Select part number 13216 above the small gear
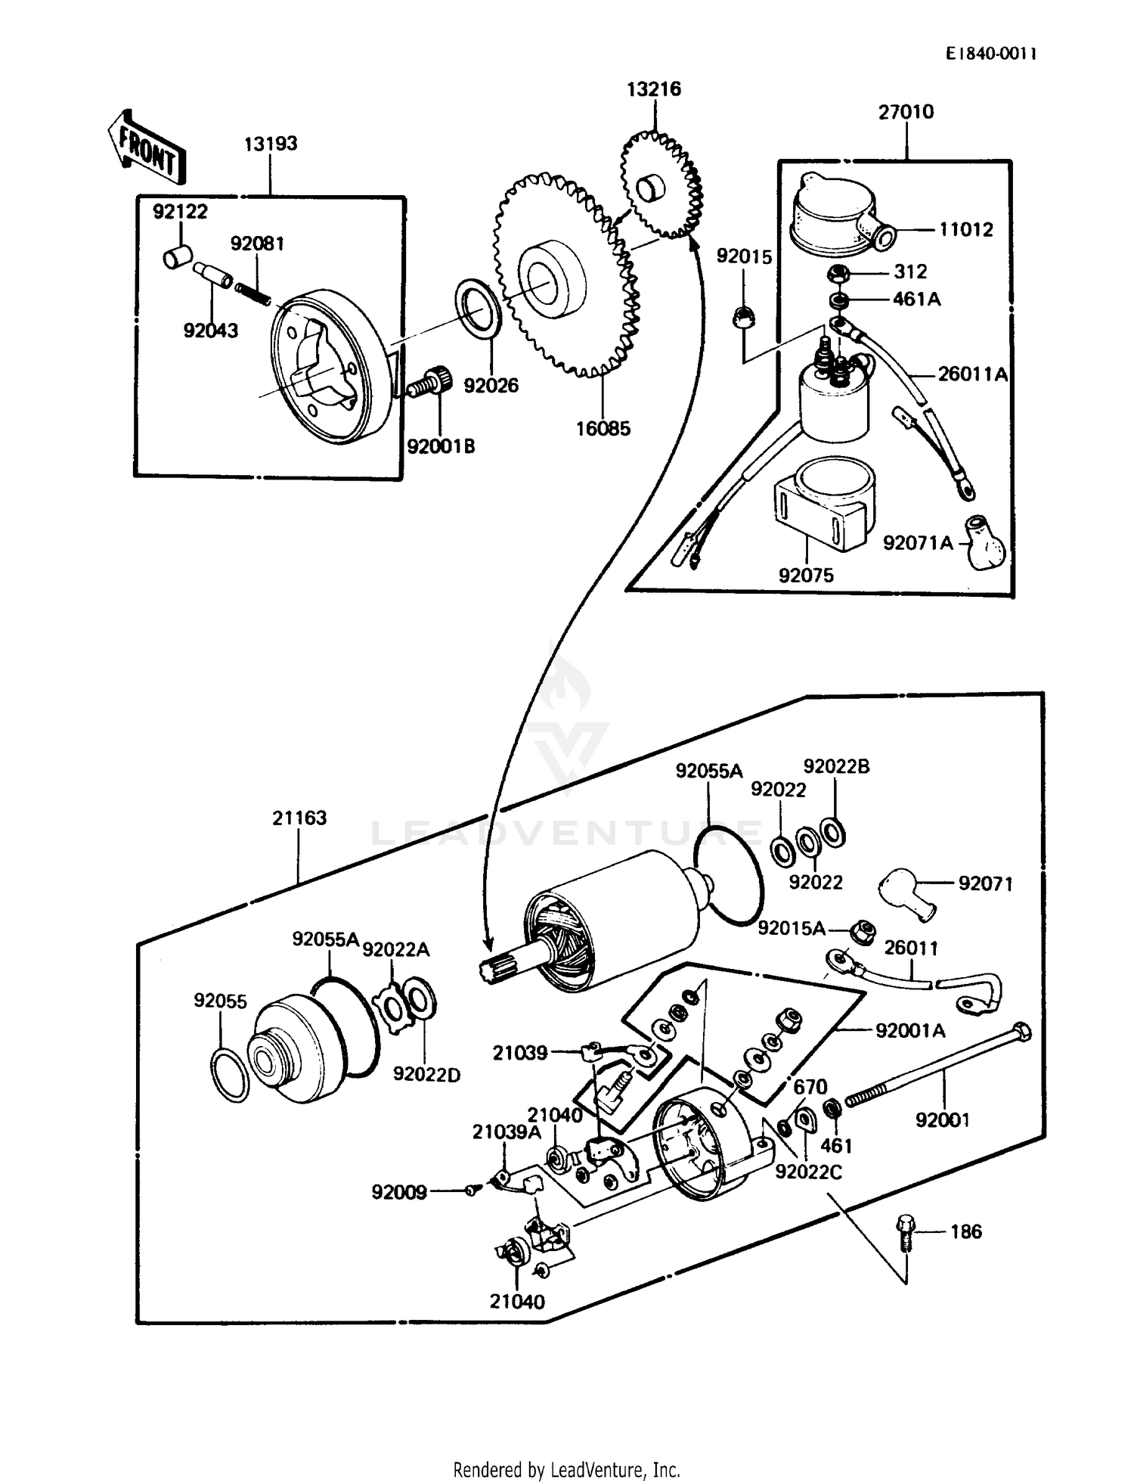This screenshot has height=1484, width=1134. pos(653,89)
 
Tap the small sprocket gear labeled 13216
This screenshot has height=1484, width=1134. pos(661,186)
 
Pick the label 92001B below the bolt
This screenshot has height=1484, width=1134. pos(441,446)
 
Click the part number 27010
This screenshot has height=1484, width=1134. pos(906,112)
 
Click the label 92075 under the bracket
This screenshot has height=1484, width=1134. pos(806,575)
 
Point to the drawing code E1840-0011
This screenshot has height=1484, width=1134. pos(990,54)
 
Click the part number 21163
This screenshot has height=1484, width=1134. pos(299,818)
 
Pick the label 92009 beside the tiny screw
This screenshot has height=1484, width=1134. pos(399,1193)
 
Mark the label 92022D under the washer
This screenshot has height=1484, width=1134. pos(426,1074)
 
